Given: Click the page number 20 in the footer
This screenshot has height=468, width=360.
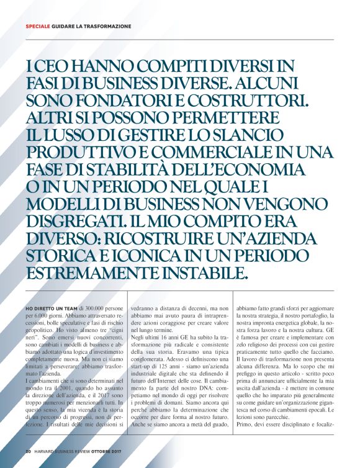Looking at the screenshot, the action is click(x=28, y=450).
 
